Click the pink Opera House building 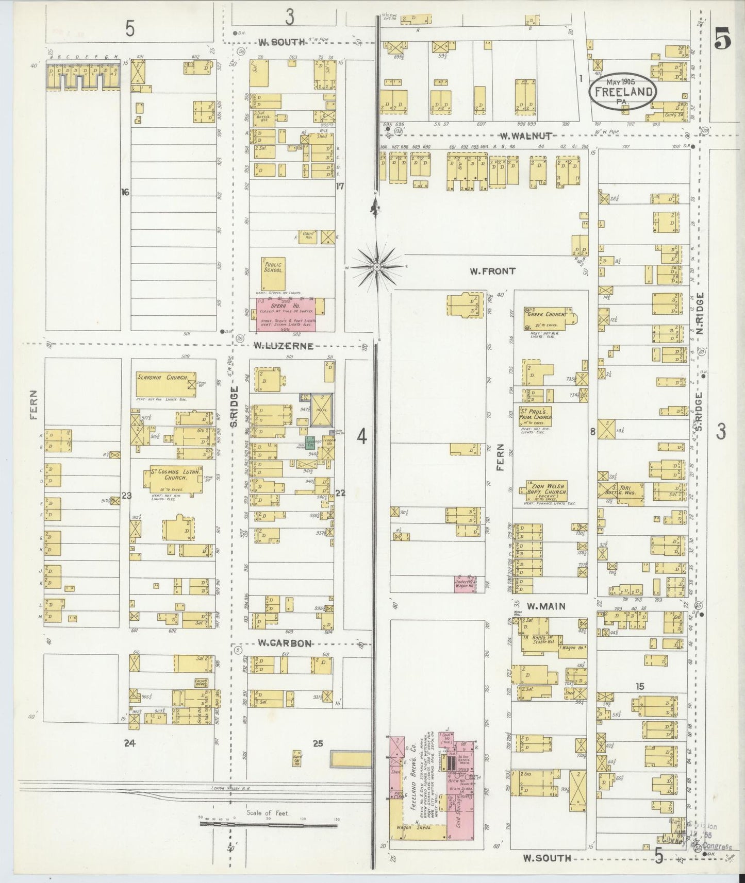coord(287,315)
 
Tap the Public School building coord(273,273)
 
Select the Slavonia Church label coord(161,377)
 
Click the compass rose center coord(377,267)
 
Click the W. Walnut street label coord(526,136)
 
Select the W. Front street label coord(492,271)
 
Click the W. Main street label coord(545,607)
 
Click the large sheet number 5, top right coord(722,42)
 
